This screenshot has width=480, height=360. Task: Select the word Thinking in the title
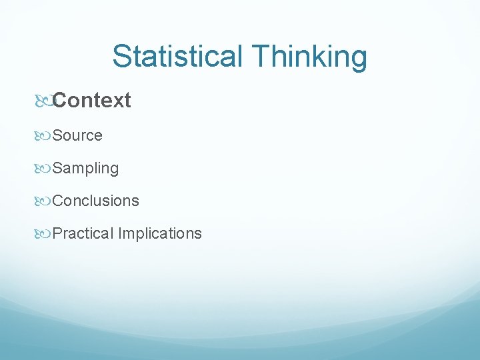[x=309, y=56]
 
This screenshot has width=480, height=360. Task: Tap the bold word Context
[x=92, y=101]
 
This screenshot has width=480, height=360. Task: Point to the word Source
[x=77, y=135]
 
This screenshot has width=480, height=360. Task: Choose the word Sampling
[x=85, y=169]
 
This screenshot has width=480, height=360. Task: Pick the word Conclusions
[x=96, y=201]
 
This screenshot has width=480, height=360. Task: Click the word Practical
[x=83, y=233]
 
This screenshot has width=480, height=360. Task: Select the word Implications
[x=160, y=233]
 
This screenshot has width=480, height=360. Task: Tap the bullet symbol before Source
[x=43, y=136]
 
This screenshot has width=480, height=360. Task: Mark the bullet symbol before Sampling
[x=43, y=169]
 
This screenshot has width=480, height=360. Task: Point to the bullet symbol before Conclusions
[x=43, y=201]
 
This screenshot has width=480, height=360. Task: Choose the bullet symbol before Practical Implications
[x=43, y=234]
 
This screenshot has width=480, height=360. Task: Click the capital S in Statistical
[x=121, y=56]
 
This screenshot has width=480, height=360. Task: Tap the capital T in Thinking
[x=262, y=56]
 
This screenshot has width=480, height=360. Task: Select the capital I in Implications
[x=120, y=233]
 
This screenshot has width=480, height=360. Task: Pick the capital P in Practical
[x=57, y=233]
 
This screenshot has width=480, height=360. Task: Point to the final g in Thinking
[x=359, y=60]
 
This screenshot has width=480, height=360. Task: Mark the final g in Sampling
[x=115, y=171]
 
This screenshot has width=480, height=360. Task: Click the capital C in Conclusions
[x=57, y=201]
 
